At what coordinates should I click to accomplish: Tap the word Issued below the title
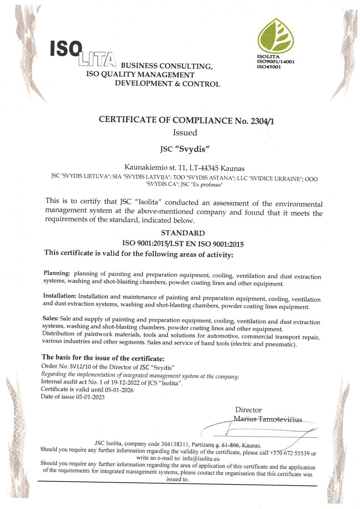pyautogui.click(x=185, y=133)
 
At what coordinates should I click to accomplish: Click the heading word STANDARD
pyautogui.click(x=183, y=233)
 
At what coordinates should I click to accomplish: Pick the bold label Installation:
pyautogui.click(x=60, y=295)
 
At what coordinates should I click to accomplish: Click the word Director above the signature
pyautogui.click(x=248, y=410)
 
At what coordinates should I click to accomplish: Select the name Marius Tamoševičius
pyautogui.click(x=268, y=420)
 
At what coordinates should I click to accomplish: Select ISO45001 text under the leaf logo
pyautogui.click(x=269, y=66)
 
